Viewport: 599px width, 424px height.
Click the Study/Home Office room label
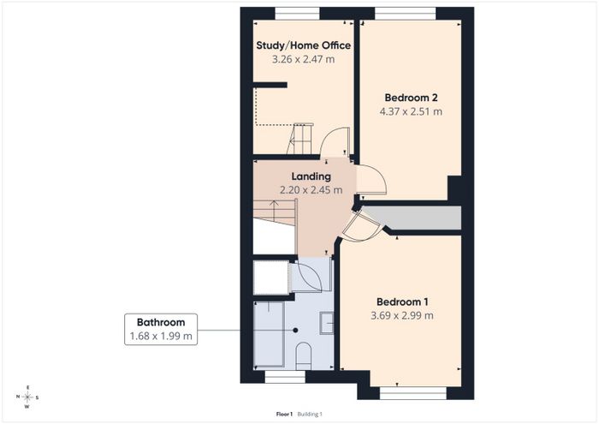pos(303,45)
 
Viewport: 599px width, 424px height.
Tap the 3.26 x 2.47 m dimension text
pos(303,59)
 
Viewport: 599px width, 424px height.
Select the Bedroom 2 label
pos(411,98)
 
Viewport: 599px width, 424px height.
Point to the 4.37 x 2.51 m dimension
pos(411,111)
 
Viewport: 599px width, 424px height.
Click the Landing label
pos(311,176)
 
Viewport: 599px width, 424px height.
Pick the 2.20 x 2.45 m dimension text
pos(311,190)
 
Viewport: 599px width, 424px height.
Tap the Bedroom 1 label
pos(402,302)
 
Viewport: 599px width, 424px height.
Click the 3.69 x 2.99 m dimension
pos(402,315)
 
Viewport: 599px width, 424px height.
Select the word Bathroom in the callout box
pos(161,322)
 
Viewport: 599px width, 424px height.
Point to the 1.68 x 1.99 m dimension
pos(161,336)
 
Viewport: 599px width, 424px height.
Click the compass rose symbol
pos(27,397)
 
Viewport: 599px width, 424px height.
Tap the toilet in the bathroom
pos(304,356)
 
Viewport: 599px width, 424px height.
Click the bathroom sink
pos(327,323)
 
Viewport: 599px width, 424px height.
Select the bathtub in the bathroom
pos(269,335)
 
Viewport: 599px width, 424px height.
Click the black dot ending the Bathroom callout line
pos(295,330)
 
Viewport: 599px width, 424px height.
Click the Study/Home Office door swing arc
pos(328,136)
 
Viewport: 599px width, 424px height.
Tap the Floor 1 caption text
pos(284,414)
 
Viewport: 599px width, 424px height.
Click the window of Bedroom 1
pos(413,393)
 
